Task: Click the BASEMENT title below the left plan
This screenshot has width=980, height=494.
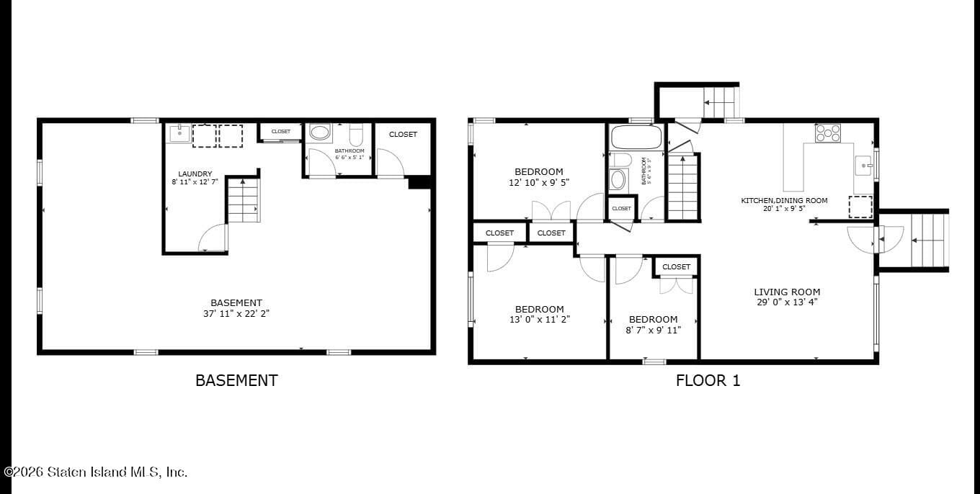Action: pyautogui.click(x=236, y=380)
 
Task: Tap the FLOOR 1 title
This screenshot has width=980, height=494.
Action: pyautogui.click(x=708, y=380)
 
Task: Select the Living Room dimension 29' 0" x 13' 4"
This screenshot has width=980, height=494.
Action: pyautogui.click(x=787, y=302)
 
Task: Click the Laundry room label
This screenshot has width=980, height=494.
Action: pyautogui.click(x=195, y=174)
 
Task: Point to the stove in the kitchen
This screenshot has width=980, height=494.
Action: pyautogui.click(x=827, y=133)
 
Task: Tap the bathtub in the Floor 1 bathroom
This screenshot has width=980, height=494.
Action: pyautogui.click(x=636, y=137)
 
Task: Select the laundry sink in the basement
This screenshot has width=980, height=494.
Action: pyautogui.click(x=179, y=133)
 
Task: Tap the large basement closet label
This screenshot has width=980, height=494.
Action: pyautogui.click(x=403, y=134)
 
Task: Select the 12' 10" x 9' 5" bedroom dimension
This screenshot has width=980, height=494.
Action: pyautogui.click(x=539, y=183)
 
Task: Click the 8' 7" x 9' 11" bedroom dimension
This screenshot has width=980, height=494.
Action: pyautogui.click(x=653, y=330)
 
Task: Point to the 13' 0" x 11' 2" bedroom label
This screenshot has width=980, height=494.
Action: pyautogui.click(x=539, y=310)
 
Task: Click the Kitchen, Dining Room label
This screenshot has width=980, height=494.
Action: pyautogui.click(x=784, y=200)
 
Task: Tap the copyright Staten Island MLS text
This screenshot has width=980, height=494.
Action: pyautogui.click(x=95, y=472)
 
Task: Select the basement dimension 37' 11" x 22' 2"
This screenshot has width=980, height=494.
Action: pyautogui.click(x=236, y=313)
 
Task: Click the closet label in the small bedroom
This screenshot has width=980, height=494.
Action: pyautogui.click(x=676, y=266)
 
